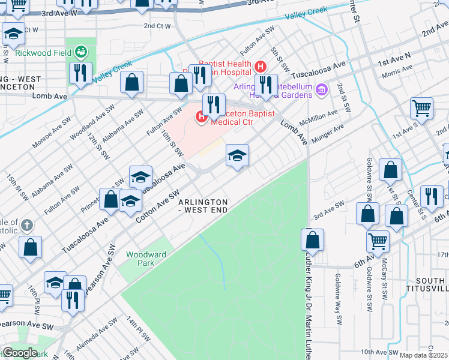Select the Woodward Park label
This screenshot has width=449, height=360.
tap(146, 259)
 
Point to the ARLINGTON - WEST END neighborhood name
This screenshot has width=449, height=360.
tap(203, 206)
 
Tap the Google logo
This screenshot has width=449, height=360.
tap(20, 353)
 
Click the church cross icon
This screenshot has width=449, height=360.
tap(26, 226)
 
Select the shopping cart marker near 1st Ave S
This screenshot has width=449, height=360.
tap(422, 109)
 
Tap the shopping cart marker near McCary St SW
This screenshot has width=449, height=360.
tap(378, 241)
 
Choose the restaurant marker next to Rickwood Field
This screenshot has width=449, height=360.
tap(80, 73)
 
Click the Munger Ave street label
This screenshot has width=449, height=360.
tap(330, 131)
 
